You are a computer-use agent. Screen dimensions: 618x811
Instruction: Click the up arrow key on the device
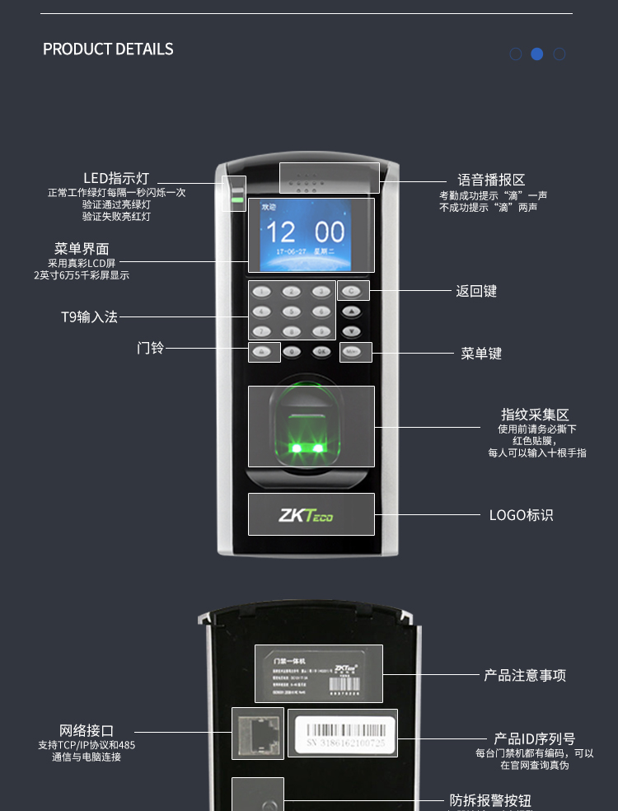(x=352, y=312)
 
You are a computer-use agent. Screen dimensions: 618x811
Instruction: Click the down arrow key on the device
(x=352, y=331)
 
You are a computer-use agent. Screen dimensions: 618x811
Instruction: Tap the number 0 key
(x=292, y=351)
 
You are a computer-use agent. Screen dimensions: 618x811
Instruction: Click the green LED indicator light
(x=237, y=199)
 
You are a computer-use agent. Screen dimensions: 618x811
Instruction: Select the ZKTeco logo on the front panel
(x=306, y=516)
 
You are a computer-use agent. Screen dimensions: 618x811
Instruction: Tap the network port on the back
(x=258, y=733)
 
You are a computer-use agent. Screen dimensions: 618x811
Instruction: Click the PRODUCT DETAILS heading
(x=108, y=49)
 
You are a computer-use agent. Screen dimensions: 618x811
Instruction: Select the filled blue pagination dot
(x=537, y=54)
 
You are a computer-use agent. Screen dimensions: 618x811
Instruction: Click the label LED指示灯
(x=116, y=178)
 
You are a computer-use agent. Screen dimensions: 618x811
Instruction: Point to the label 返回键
(x=476, y=292)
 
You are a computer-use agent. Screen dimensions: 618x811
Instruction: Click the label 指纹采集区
(x=535, y=415)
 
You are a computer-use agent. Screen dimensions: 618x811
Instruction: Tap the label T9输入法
(x=89, y=316)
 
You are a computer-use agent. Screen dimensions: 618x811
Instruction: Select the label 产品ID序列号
(x=534, y=738)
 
